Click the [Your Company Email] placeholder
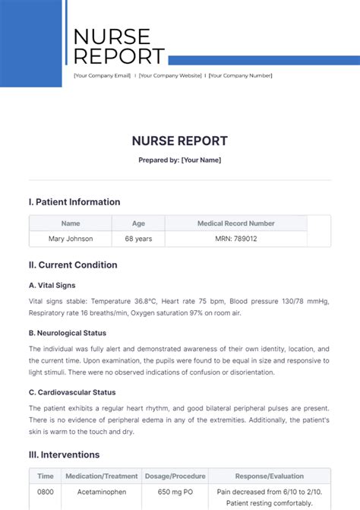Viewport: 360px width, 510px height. pyautogui.click(x=103, y=75)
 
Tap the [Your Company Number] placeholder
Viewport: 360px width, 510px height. pyautogui.click(x=240, y=75)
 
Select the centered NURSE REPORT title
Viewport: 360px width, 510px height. pyautogui.click(x=180, y=141)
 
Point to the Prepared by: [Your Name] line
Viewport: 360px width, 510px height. pyautogui.click(x=180, y=160)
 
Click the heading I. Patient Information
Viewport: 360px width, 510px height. pyautogui.click(x=74, y=202)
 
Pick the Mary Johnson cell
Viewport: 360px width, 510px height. pyautogui.click(x=71, y=239)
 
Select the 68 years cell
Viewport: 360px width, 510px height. pyautogui.click(x=138, y=239)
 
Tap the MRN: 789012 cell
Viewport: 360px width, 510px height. pyautogui.click(x=236, y=239)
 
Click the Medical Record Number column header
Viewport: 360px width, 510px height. pyautogui.click(x=236, y=223)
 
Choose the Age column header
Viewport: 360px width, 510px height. pyautogui.click(x=138, y=223)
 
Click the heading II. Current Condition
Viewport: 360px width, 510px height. pyautogui.click(x=73, y=265)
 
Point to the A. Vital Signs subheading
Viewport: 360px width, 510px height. pyautogui.click(x=52, y=286)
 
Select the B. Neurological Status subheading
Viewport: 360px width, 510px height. pyautogui.click(x=68, y=333)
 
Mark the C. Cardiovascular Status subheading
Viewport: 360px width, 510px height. pyautogui.click(x=72, y=392)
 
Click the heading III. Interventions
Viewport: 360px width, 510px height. pyautogui.click(x=65, y=455)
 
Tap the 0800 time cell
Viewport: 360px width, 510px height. pyautogui.click(x=46, y=492)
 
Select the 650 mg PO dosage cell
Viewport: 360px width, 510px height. pyautogui.click(x=175, y=492)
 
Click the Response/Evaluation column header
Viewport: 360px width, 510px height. pyautogui.click(x=270, y=476)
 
